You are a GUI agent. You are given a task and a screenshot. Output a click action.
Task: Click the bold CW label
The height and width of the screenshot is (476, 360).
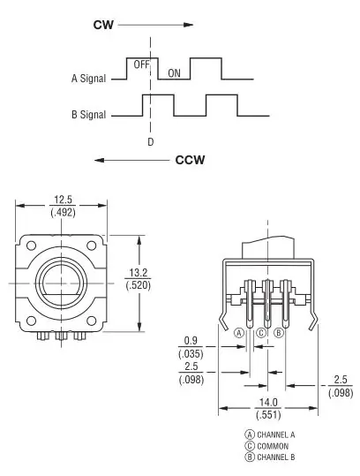[x=103, y=25]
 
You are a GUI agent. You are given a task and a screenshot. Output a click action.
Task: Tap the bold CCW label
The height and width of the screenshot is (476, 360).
[x=191, y=160]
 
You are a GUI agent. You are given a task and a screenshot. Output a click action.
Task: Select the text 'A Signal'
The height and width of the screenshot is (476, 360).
[x=88, y=79]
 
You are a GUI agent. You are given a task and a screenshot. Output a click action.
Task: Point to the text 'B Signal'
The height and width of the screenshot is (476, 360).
[x=88, y=115]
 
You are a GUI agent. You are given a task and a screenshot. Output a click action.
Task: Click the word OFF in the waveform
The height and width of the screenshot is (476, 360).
[x=142, y=64]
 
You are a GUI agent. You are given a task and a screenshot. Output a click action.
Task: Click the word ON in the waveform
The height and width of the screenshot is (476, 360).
[x=174, y=73]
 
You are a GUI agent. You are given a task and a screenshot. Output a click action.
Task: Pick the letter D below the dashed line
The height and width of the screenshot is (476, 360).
[x=151, y=142]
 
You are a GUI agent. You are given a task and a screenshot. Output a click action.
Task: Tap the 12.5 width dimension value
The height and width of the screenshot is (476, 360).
[x=63, y=200]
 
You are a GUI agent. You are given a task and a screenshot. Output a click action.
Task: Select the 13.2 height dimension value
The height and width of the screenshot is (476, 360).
[x=139, y=273]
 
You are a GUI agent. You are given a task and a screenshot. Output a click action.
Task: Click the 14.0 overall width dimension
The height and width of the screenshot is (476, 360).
[x=268, y=402]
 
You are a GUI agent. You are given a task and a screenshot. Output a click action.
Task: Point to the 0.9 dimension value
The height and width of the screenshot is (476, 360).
[x=191, y=341]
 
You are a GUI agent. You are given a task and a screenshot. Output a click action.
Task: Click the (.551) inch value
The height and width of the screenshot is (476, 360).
[x=268, y=415]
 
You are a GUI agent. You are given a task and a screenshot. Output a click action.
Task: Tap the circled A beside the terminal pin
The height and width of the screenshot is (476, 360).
[x=239, y=333]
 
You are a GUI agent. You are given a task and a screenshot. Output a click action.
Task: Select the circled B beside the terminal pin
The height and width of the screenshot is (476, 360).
[x=279, y=333]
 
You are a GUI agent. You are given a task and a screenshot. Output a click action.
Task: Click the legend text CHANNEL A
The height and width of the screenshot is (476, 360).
[x=276, y=434]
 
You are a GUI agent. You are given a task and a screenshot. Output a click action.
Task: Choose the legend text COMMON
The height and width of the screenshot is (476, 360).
[x=273, y=446]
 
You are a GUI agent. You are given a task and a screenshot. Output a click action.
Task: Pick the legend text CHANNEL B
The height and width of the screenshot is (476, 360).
[x=276, y=457]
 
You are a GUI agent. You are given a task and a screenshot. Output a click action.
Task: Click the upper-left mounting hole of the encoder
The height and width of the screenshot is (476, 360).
[x=31, y=246]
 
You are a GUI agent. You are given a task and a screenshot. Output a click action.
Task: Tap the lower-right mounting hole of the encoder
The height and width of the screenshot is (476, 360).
[x=91, y=321]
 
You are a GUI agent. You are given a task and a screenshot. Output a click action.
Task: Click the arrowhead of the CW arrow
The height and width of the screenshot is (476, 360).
[x=189, y=25]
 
